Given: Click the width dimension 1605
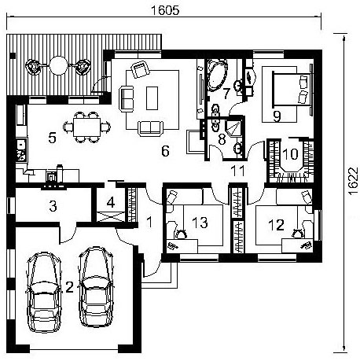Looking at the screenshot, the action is pos(165,10).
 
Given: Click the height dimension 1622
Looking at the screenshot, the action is pos(354,181).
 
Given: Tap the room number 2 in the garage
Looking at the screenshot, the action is pos(69,287).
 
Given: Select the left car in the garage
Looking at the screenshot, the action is pos(43,292).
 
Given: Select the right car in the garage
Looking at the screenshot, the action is pos(96,286).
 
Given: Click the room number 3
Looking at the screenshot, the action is pos(53,206).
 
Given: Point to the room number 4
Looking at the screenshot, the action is pos(111,203).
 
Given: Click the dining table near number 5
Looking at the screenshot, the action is pos(86,127).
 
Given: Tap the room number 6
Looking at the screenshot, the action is pos(165,151).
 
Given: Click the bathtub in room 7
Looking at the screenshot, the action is pos(217,76).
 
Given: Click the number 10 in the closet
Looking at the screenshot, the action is pos(290,154).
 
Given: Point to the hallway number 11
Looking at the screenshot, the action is pos(238,171).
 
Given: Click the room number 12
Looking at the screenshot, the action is pos(276,225).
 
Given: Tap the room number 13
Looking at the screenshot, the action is pos(200,223).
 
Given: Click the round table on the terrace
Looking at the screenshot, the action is pos(58,65).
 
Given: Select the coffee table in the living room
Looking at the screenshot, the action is pos(152,98).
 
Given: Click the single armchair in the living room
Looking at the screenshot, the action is pos(141,69).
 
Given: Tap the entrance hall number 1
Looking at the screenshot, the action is pos(149,223).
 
